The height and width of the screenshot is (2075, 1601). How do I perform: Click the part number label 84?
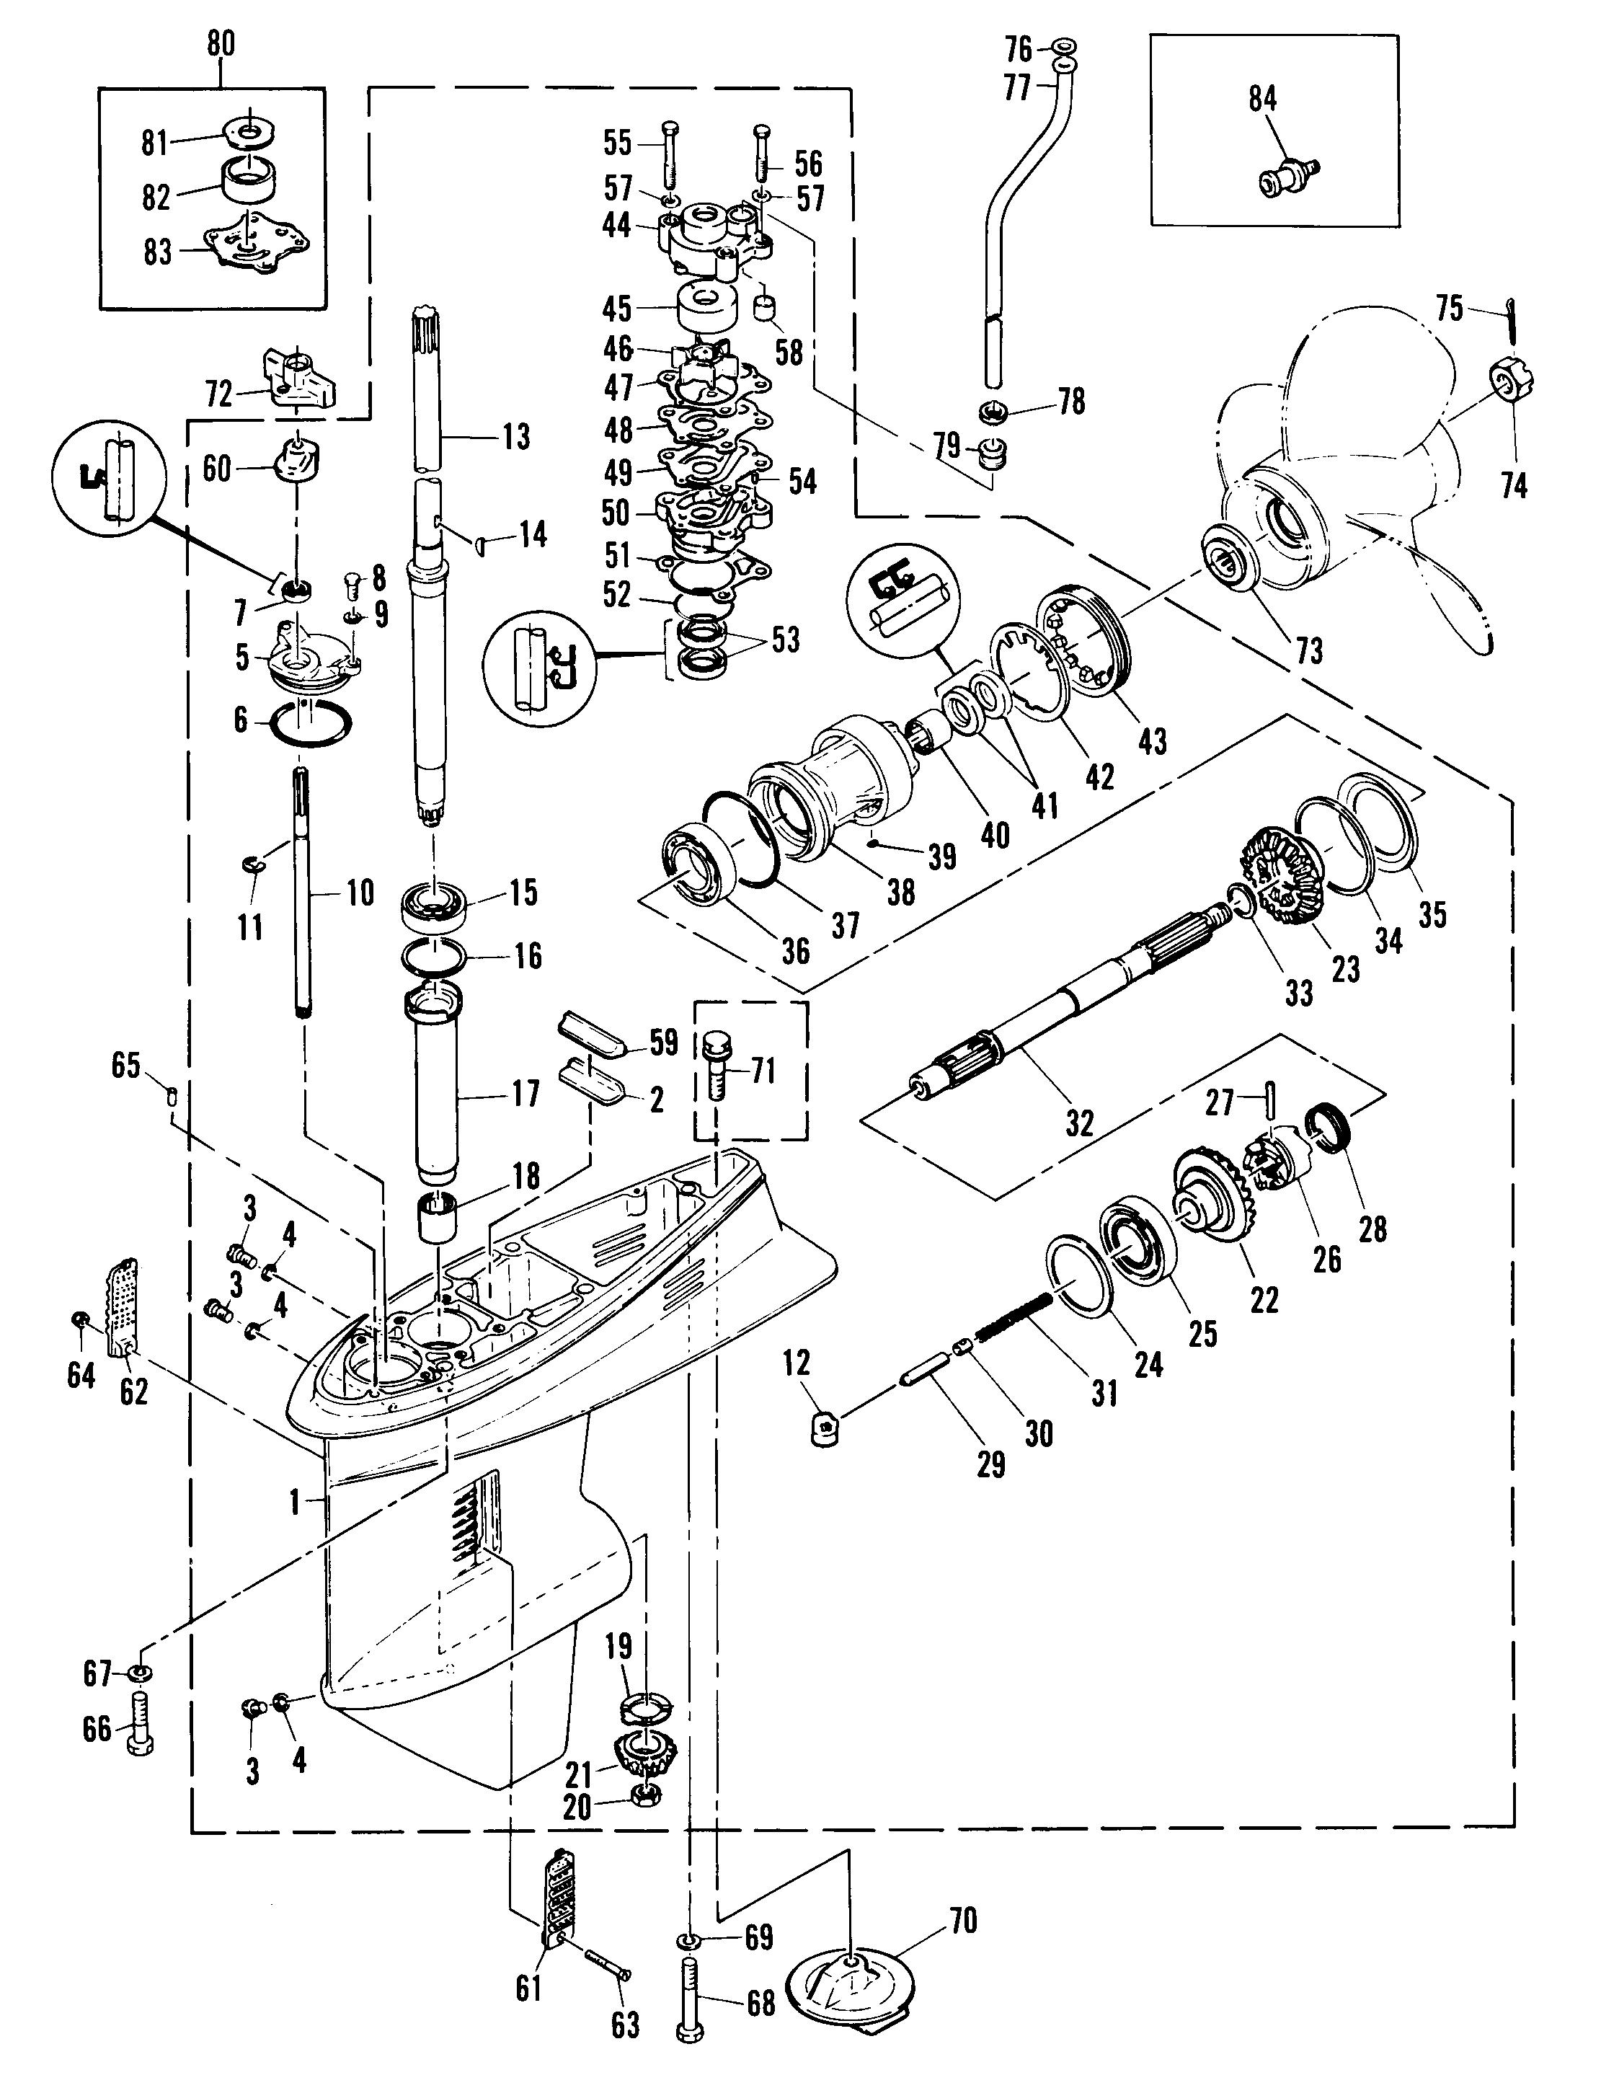[x=1261, y=99]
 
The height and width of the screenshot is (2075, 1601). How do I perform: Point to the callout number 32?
[x=1078, y=1123]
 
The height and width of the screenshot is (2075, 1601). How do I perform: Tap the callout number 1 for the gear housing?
[x=295, y=1502]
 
